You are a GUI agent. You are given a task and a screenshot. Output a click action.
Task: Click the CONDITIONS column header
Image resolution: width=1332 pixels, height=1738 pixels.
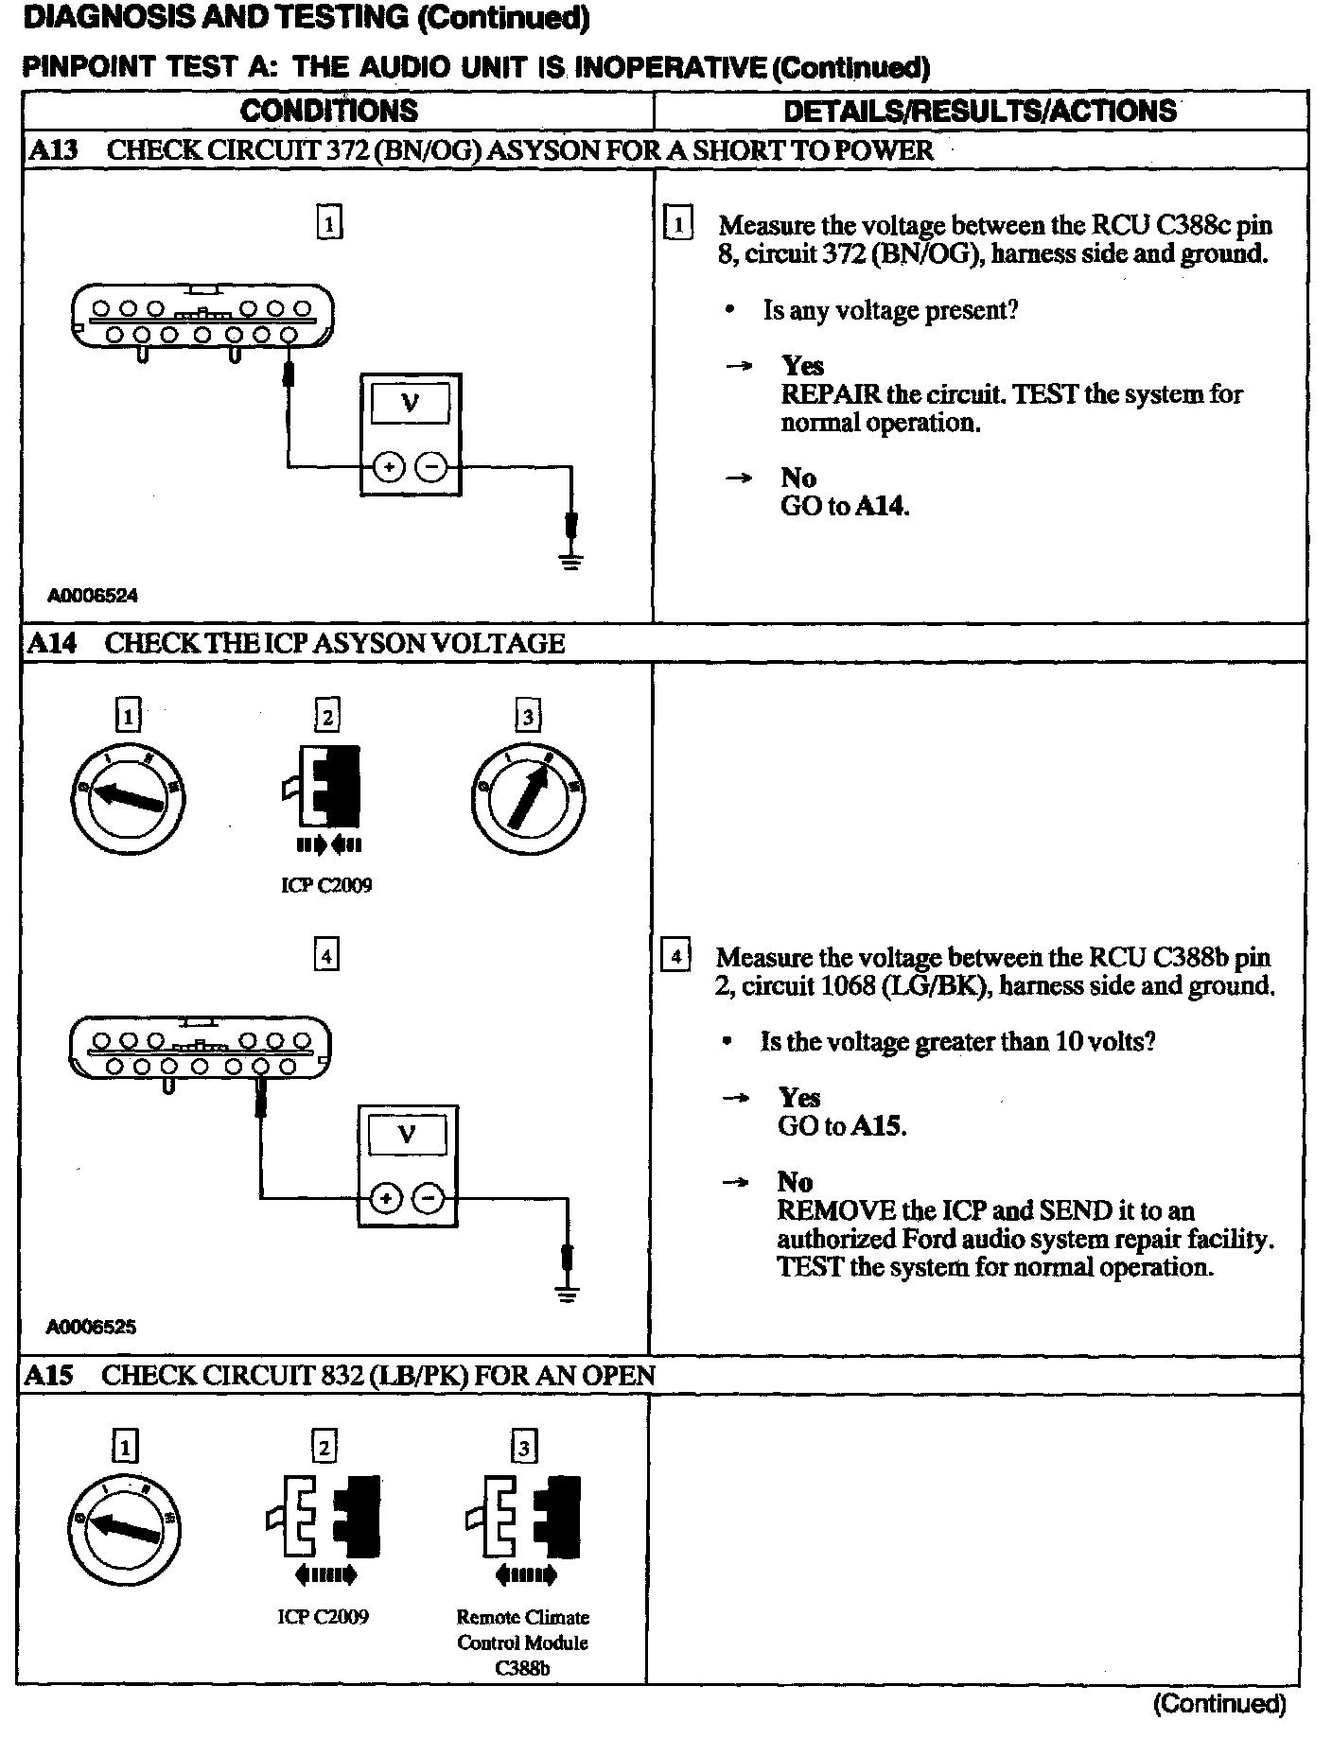(x=328, y=111)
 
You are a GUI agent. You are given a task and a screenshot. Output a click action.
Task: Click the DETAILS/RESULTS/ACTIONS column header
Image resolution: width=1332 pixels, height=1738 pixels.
(x=980, y=111)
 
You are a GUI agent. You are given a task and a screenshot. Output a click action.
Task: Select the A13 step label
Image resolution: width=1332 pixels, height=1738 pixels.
(x=53, y=150)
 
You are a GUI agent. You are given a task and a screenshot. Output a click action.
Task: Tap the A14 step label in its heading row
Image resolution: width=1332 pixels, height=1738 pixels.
(x=51, y=643)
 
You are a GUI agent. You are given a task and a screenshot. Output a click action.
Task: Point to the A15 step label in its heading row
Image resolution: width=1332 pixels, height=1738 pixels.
(x=49, y=1375)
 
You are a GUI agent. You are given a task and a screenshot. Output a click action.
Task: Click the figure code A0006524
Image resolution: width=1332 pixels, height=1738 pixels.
(x=94, y=596)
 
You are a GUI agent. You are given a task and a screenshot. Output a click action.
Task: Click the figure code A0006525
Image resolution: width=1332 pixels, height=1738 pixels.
(x=92, y=1327)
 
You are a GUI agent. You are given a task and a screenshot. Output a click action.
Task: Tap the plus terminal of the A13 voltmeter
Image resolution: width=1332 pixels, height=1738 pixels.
(x=389, y=466)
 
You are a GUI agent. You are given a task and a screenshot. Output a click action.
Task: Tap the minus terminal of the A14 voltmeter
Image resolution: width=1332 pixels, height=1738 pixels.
(x=429, y=1199)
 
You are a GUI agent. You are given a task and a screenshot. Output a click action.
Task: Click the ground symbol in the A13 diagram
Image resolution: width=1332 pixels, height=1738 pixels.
(x=570, y=562)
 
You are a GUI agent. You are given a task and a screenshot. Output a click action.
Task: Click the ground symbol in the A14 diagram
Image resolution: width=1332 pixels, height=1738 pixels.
(x=567, y=1294)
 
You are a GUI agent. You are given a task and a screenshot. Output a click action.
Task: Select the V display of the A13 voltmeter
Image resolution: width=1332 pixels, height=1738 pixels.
(x=410, y=405)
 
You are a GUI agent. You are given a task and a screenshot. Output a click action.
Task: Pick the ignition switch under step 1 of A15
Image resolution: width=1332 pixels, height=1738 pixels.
(x=124, y=1528)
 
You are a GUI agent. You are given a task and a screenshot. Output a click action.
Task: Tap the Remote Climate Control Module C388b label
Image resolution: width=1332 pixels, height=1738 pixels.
(x=522, y=1642)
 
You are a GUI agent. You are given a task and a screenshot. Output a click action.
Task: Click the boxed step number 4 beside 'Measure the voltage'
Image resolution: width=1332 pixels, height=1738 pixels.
(x=675, y=956)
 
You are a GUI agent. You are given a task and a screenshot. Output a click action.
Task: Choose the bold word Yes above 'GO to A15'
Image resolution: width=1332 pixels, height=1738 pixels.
(x=799, y=1098)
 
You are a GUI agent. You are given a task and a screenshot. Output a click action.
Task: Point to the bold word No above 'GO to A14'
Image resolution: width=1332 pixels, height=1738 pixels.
(x=798, y=478)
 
